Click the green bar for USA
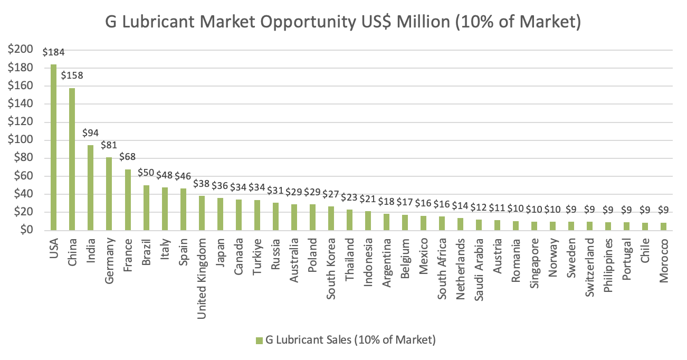[53, 147]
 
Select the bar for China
[72, 159]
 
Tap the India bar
[90, 188]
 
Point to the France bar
[127, 200]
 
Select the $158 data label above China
[72, 76]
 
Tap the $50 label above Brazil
[146, 173]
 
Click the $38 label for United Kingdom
[201, 184]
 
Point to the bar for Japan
[220, 214]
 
